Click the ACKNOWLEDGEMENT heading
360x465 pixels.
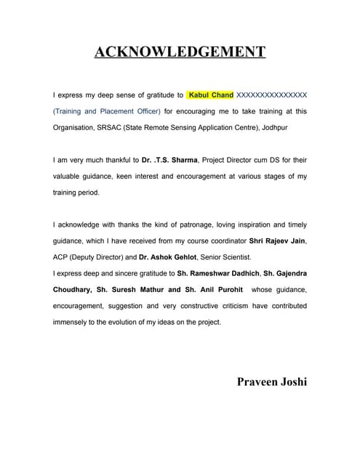click(180, 52)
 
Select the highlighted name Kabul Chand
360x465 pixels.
click(211, 95)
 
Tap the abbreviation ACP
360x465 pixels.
click(62, 257)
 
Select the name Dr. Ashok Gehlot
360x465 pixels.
click(173, 257)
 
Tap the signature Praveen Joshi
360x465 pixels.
click(272, 382)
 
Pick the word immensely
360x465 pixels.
click(71, 322)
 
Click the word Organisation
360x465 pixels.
click(73, 127)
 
